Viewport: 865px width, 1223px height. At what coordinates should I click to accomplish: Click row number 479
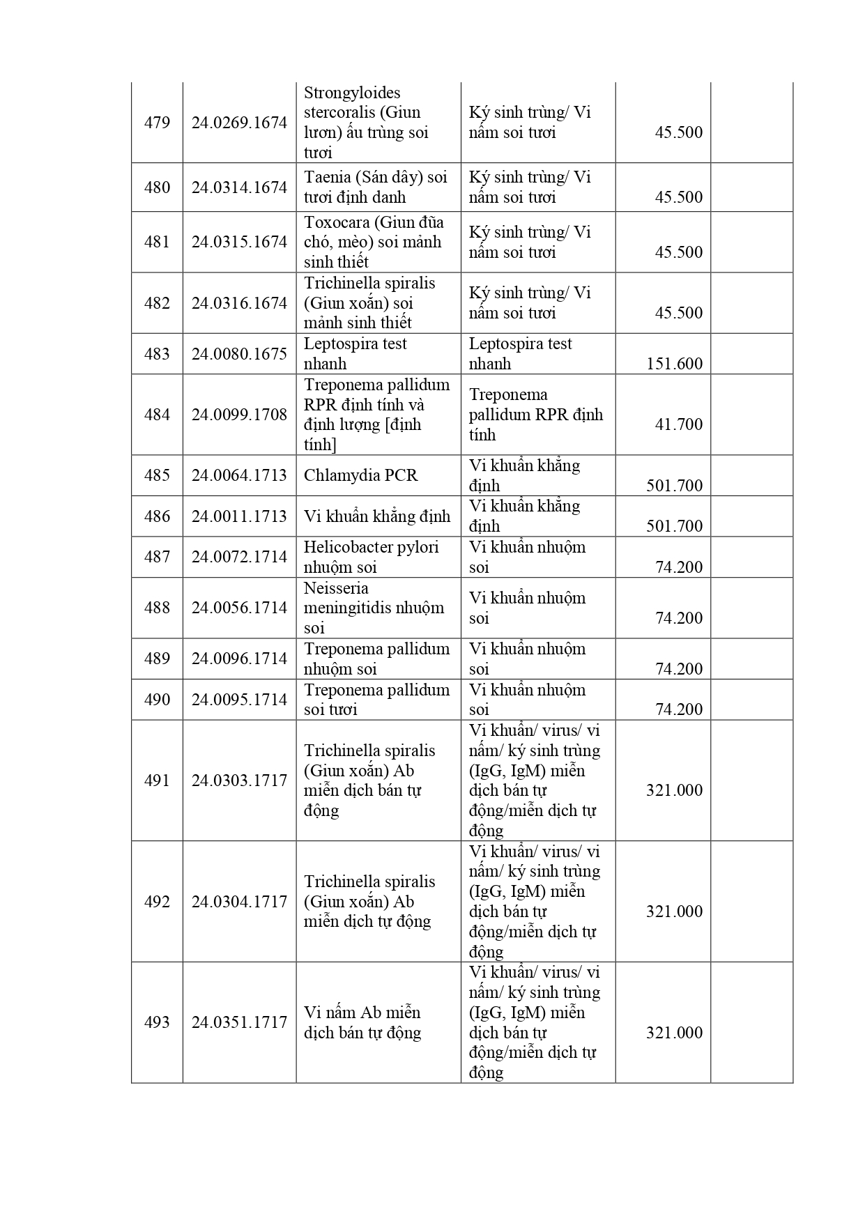click(157, 123)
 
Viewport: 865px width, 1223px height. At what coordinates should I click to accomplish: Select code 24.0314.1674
click(239, 187)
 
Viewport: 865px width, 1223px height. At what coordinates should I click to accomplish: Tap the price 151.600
click(674, 364)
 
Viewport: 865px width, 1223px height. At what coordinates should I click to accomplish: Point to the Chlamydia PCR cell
click(360, 475)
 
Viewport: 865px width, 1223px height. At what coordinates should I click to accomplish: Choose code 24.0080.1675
click(239, 354)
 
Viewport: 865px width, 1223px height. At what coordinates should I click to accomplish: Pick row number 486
click(157, 516)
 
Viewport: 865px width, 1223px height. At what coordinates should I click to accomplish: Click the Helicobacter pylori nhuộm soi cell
click(371, 557)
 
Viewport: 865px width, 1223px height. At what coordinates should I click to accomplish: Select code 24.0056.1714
click(239, 608)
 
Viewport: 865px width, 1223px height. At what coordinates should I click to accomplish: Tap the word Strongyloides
click(352, 93)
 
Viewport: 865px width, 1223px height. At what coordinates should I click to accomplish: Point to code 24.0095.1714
click(239, 700)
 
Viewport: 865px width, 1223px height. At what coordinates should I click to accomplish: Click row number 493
click(157, 1022)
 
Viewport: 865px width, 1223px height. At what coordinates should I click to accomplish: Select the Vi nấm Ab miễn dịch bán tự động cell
click(362, 1022)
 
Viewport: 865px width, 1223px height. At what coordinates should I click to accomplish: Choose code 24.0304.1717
click(239, 902)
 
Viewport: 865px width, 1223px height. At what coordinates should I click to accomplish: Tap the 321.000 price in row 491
click(674, 790)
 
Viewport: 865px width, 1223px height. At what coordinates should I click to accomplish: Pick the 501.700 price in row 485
click(674, 486)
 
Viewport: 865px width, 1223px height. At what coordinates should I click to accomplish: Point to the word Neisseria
click(336, 588)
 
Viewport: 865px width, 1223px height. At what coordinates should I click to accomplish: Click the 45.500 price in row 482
click(678, 313)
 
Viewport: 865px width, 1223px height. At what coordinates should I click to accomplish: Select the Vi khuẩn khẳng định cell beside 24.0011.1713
click(377, 516)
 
